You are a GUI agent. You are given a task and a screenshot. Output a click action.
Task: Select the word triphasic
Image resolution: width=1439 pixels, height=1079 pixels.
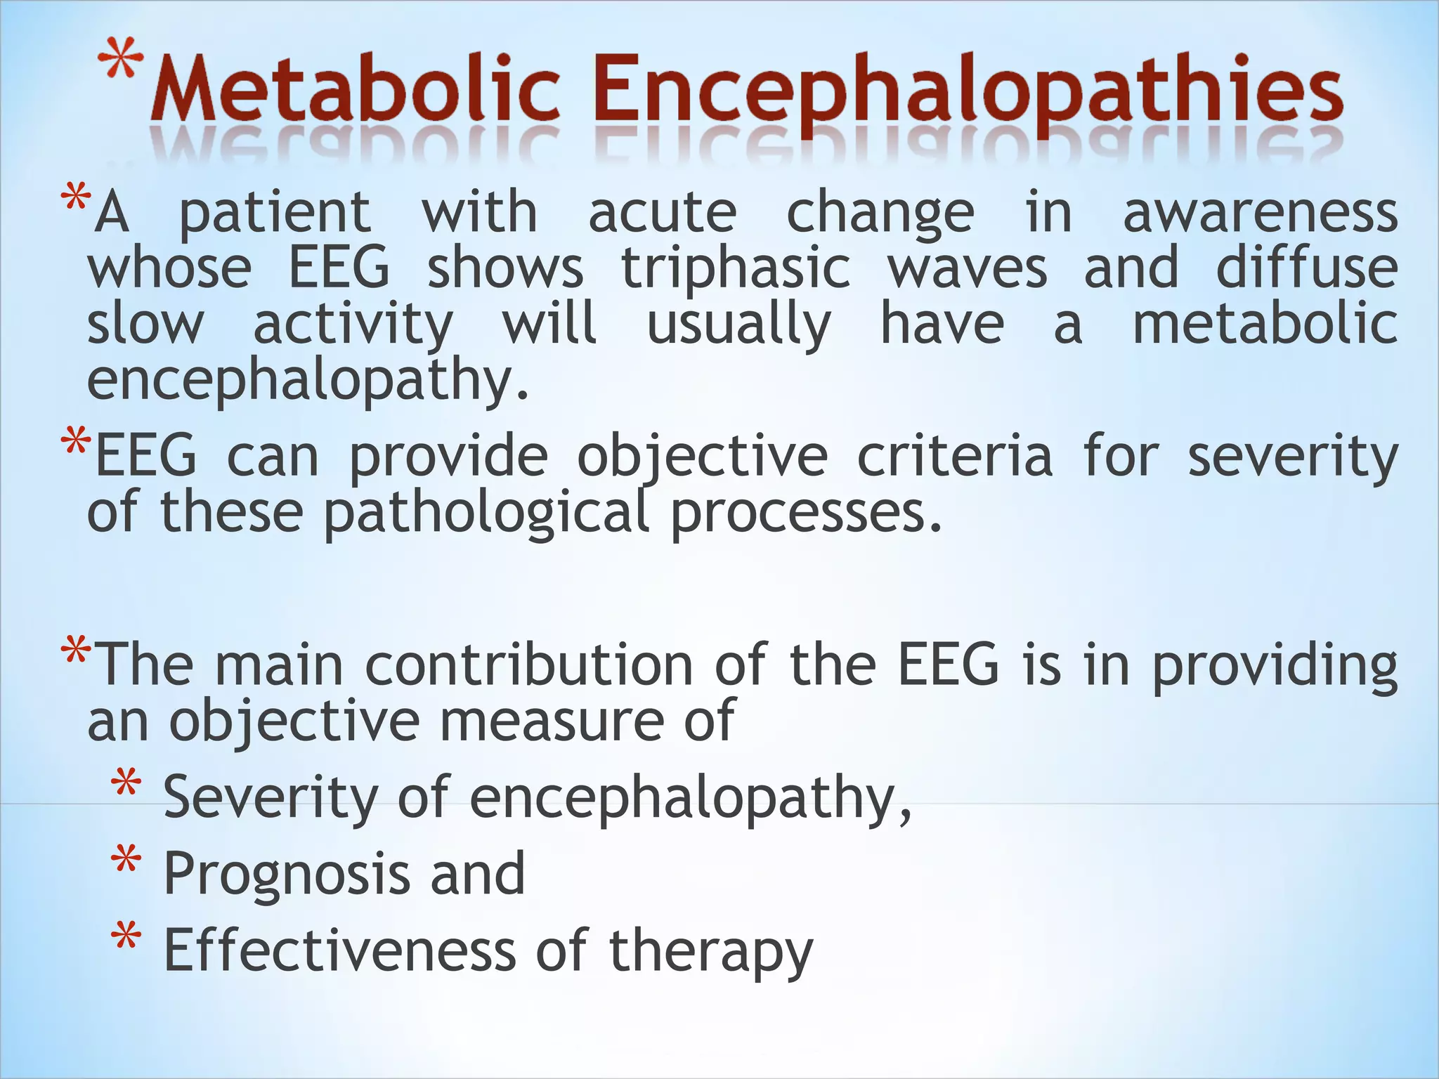tap(735, 268)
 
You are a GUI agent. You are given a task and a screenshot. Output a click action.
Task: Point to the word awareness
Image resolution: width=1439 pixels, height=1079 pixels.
tap(1260, 213)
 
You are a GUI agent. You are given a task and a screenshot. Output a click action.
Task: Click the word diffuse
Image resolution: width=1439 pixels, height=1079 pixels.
tap(1306, 268)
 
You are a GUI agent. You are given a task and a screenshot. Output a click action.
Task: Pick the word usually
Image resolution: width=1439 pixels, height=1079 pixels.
tap(738, 325)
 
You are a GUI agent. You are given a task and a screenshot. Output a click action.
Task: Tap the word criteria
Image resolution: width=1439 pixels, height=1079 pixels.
tap(954, 457)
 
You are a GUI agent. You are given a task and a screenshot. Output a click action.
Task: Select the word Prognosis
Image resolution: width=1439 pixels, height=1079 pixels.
tap(286, 875)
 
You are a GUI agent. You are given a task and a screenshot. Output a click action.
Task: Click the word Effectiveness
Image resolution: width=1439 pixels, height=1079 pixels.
tap(339, 950)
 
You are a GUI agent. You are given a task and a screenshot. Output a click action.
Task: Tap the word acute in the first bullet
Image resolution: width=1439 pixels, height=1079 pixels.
tap(662, 213)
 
